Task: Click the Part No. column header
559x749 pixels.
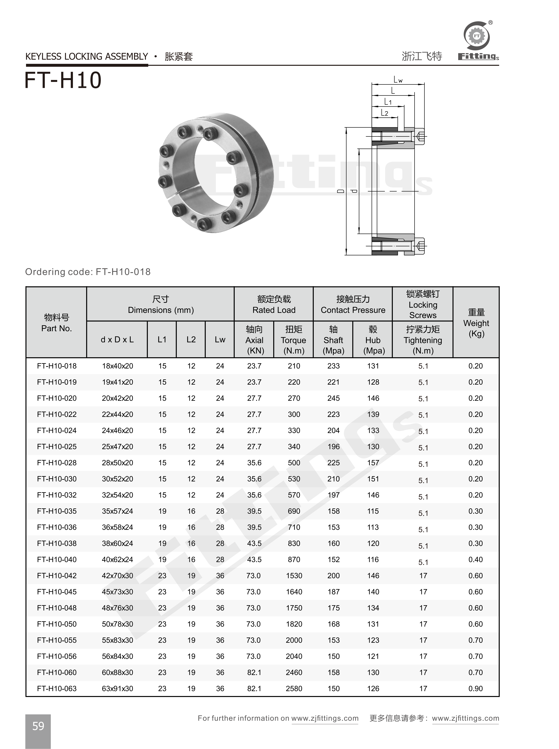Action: click(x=57, y=323)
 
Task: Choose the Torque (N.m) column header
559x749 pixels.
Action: click(x=293, y=340)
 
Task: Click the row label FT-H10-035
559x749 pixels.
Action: click(x=57, y=511)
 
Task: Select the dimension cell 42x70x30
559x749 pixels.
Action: click(x=117, y=576)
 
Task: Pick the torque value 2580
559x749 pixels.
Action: click(x=294, y=689)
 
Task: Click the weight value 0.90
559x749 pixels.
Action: click(x=475, y=689)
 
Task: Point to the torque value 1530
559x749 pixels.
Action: click(x=294, y=576)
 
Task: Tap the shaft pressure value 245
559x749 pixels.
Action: click(x=333, y=398)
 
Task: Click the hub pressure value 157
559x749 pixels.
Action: click(x=373, y=463)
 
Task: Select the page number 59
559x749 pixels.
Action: click(x=38, y=726)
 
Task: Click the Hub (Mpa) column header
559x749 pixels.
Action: click(x=373, y=340)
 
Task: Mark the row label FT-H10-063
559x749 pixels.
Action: click(x=57, y=689)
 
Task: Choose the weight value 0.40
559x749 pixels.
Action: click(x=475, y=559)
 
